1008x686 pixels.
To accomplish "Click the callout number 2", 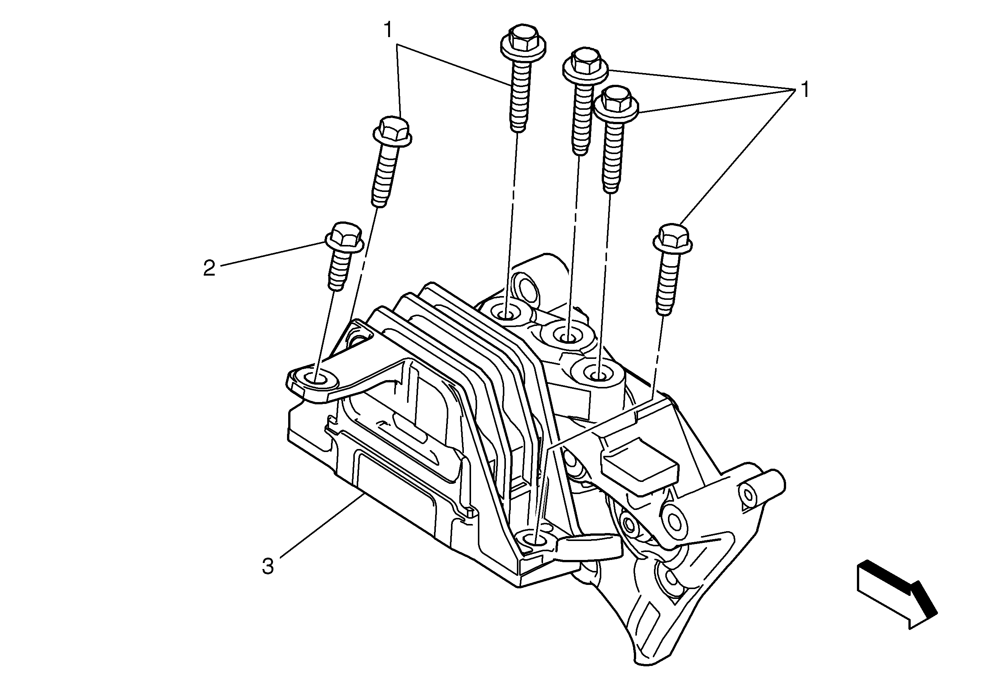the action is (x=209, y=268).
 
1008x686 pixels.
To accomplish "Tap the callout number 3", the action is (x=268, y=566).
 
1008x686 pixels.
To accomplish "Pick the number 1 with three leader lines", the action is (x=805, y=90).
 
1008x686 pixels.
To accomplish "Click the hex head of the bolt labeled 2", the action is (x=343, y=237).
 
